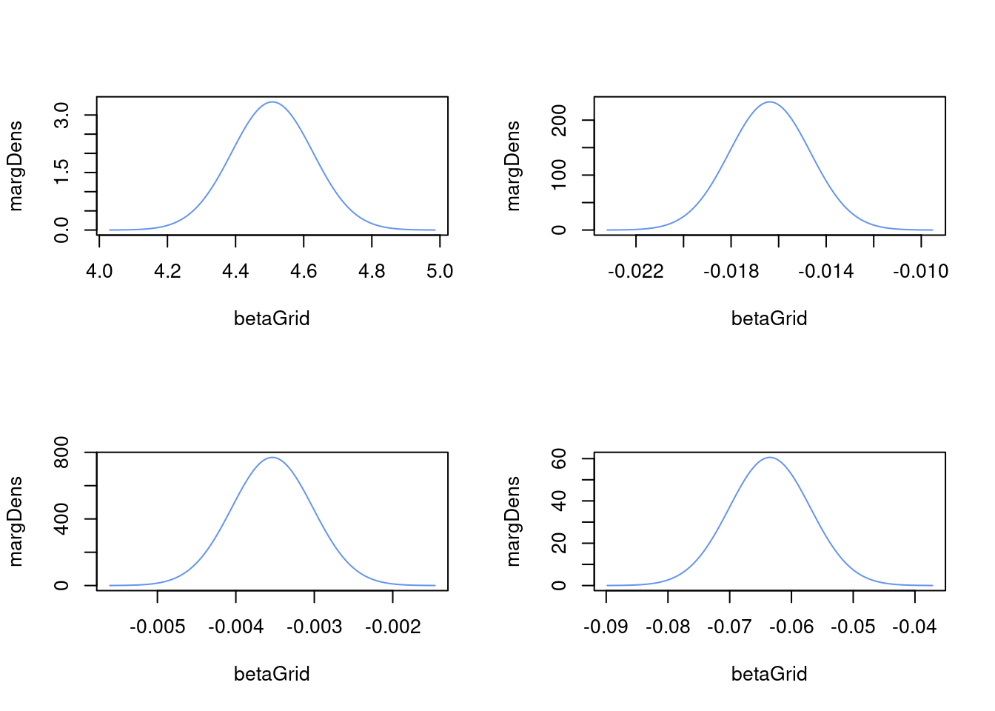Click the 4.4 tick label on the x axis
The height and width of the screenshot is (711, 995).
pos(235,272)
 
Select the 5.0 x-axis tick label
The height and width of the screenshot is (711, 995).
pos(440,272)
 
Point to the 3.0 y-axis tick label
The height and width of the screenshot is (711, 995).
pos(62,116)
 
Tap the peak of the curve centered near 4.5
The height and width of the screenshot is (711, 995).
pos(272,102)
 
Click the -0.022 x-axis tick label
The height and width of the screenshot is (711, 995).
pos(635,272)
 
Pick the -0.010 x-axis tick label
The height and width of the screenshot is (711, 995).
pos(920,272)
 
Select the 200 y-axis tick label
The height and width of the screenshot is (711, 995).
pos(560,121)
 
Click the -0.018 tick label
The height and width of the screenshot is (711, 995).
pos(731,272)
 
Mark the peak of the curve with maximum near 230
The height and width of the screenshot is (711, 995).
pos(770,102)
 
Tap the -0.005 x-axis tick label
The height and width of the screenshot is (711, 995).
pos(157,627)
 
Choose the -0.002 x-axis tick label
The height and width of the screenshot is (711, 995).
pos(392,627)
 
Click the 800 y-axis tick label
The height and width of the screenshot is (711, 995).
pos(62,453)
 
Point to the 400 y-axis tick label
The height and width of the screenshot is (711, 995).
pos(62,518)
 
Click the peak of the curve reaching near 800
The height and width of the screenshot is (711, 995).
pos(272,458)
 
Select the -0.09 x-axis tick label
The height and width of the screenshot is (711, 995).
pos(606,627)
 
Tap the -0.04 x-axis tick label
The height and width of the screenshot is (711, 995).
pos(914,627)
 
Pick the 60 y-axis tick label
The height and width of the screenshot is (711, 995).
pos(560,459)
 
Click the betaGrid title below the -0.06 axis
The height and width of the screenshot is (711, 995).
pos(769,674)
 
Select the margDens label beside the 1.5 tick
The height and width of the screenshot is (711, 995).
pos(16,166)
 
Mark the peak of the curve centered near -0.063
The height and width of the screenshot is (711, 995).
pos(770,458)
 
